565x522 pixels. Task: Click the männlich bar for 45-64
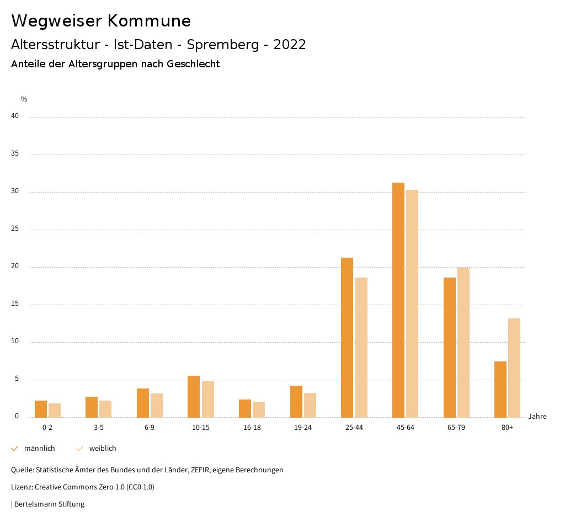(x=398, y=300)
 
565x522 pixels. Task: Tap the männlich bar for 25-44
(x=347, y=337)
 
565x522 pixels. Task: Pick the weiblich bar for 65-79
(x=463, y=343)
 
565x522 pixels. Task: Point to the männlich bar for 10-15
(x=194, y=396)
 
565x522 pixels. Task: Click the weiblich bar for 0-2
(x=55, y=410)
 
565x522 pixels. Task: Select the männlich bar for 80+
(x=500, y=389)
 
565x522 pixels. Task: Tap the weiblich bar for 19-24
(x=310, y=405)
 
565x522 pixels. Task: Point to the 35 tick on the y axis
(x=15, y=154)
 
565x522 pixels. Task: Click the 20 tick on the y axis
(x=15, y=267)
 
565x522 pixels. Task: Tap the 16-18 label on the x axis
(x=252, y=428)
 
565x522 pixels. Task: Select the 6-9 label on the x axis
(x=150, y=428)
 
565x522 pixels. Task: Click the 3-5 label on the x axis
(x=99, y=428)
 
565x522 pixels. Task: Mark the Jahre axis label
(x=537, y=417)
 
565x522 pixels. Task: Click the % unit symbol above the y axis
(x=24, y=99)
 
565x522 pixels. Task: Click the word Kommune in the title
(x=149, y=21)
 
